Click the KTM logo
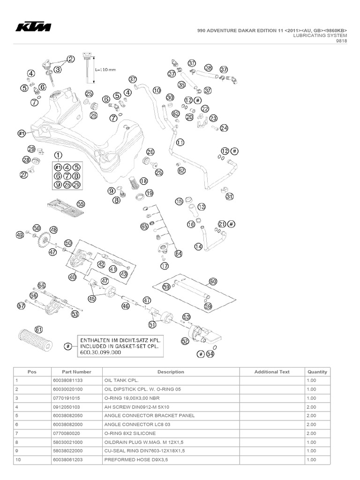tap(33, 28)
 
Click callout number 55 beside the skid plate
tap(81, 204)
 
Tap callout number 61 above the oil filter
tap(38, 329)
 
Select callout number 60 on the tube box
tap(213, 281)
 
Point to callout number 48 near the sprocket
tap(53, 230)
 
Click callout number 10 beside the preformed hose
tap(157, 90)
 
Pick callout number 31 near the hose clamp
tap(229, 197)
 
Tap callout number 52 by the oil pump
tap(185, 341)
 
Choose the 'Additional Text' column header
tap(272, 372)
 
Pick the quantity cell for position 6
tap(311, 424)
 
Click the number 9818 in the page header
tap(341, 41)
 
